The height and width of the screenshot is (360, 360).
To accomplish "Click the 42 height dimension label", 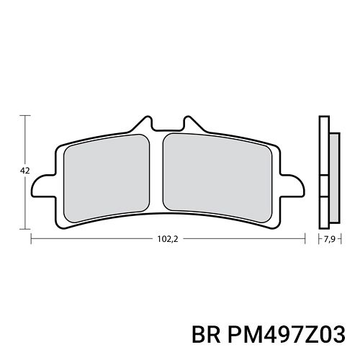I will (x=24, y=171).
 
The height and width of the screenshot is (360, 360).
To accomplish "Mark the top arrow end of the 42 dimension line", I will (x=29, y=115).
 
